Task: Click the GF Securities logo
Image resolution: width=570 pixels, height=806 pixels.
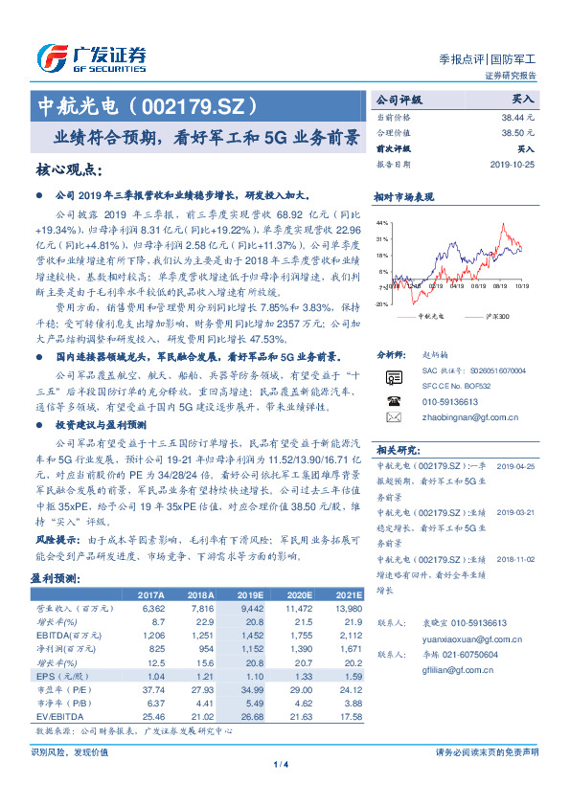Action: point(91,57)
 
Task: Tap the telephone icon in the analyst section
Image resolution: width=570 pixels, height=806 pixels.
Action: point(393,400)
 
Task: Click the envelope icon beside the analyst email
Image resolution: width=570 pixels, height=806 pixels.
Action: point(393,417)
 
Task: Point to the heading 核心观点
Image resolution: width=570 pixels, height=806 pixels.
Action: point(68,169)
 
